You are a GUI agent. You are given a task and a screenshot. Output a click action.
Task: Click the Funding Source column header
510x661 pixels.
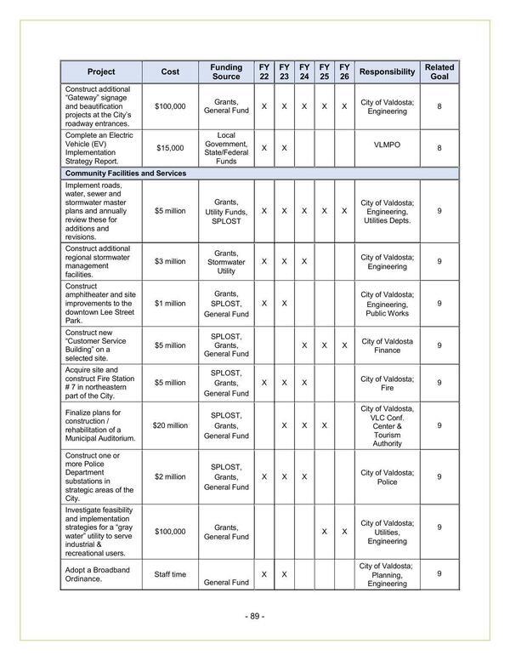[x=226, y=71]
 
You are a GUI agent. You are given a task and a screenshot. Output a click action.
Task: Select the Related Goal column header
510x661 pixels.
[x=439, y=71]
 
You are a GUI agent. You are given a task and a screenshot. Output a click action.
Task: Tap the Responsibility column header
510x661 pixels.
[x=387, y=71]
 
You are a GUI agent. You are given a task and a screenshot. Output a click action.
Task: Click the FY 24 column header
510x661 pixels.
[x=304, y=71]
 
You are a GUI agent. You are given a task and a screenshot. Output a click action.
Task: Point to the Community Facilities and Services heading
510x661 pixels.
[x=126, y=173]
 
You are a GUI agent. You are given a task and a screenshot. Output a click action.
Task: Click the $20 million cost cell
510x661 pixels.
[x=170, y=425]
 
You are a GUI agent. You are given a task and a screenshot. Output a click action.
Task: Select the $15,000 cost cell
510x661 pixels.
[x=170, y=147]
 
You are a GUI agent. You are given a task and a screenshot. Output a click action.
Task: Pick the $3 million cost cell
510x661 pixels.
[x=170, y=261]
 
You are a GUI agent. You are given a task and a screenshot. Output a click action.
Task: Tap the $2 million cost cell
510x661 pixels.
[x=170, y=476]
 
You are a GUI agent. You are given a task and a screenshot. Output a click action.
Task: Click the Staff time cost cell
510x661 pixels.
[x=170, y=574]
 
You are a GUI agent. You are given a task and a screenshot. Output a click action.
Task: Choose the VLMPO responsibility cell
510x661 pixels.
[x=387, y=145]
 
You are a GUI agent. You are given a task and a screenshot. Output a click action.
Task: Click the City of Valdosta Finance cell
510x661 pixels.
[x=387, y=345]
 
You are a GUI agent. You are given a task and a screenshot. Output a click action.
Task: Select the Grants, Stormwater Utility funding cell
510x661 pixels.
[x=226, y=261]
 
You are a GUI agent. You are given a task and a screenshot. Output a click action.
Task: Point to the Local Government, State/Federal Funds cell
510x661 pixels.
[x=226, y=147]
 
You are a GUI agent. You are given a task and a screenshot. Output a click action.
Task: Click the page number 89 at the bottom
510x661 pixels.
[x=254, y=616]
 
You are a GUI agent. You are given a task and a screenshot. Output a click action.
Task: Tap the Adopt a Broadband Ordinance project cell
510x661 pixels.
[x=99, y=574]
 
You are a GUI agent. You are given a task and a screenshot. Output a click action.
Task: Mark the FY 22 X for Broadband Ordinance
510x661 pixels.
[x=263, y=574]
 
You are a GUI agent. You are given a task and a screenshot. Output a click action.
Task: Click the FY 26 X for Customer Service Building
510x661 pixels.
[x=344, y=345]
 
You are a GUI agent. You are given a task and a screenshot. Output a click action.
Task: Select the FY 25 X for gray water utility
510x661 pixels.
[x=324, y=531]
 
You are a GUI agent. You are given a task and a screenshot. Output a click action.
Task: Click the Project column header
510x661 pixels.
[x=100, y=71]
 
